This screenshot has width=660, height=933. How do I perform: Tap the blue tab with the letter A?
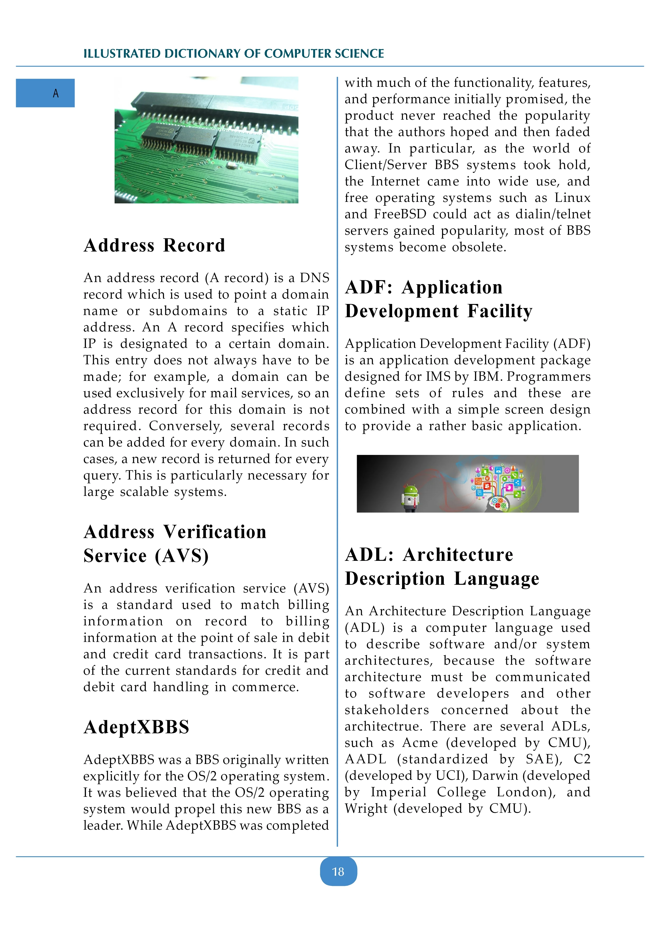click(x=45, y=93)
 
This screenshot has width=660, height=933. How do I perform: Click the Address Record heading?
click(x=155, y=245)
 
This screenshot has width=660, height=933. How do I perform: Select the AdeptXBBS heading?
click(x=136, y=727)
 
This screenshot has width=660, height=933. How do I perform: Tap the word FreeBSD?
click(x=400, y=214)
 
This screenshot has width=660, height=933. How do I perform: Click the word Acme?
click(x=420, y=743)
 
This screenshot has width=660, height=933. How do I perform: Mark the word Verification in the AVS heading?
click(x=215, y=532)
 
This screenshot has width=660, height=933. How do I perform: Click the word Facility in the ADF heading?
click(x=500, y=311)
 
